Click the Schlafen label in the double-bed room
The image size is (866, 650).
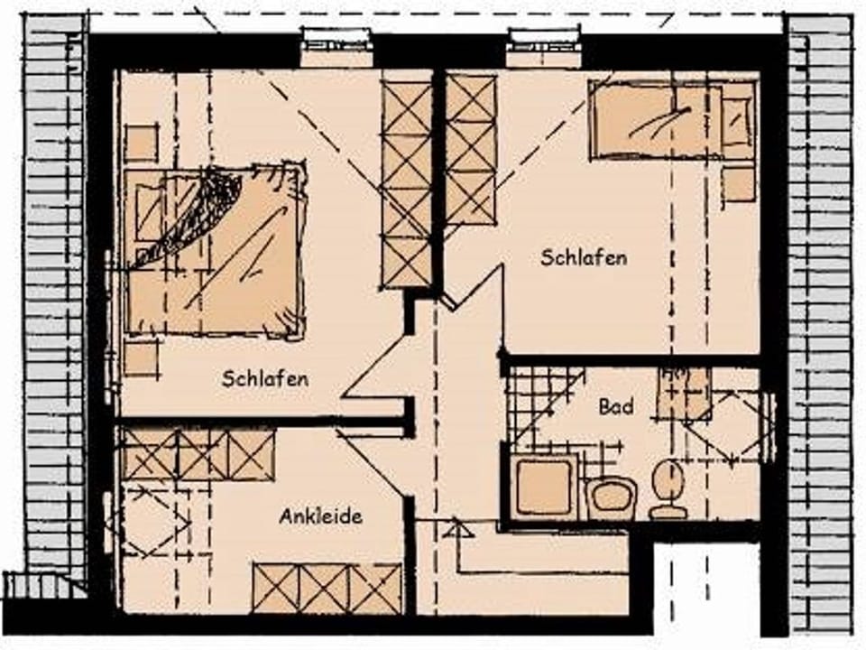coord(265,379)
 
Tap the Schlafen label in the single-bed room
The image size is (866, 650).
coord(584,258)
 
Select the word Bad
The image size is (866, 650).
coord(616,407)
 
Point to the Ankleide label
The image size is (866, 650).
coord(320,517)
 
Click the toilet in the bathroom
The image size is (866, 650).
coord(668,488)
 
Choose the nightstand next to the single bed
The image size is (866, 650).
coord(738,184)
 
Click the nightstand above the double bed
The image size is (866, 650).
coord(142,143)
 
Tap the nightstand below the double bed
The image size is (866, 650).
coord(142,357)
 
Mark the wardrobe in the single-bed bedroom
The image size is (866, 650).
coord(471,150)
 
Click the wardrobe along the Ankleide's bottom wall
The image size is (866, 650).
coord(327,588)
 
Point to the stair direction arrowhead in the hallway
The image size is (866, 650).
coord(458,530)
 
